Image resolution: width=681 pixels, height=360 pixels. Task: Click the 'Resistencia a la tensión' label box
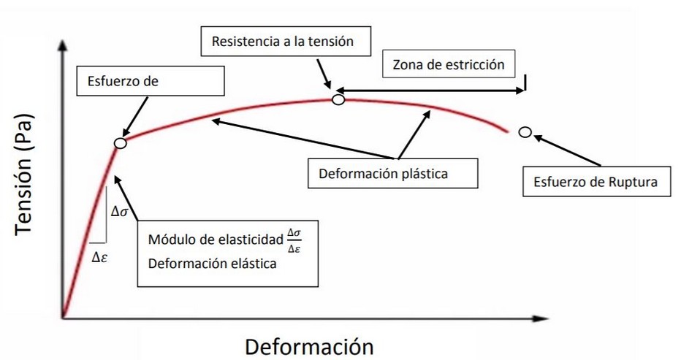coord(282,42)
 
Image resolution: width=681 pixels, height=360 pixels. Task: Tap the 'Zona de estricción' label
coord(449,64)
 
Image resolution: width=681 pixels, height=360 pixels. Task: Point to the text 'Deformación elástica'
coord(212,264)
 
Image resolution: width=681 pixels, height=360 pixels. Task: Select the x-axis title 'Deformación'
coord(309,345)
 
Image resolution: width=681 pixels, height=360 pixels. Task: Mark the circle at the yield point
coord(121,143)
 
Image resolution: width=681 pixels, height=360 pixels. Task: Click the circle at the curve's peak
coord(338,99)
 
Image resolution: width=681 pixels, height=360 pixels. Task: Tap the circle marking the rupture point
coord(525,132)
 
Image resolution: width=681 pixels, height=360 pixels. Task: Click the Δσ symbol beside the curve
coord(120,212)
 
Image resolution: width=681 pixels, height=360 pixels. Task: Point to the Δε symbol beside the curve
coord(101,256)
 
